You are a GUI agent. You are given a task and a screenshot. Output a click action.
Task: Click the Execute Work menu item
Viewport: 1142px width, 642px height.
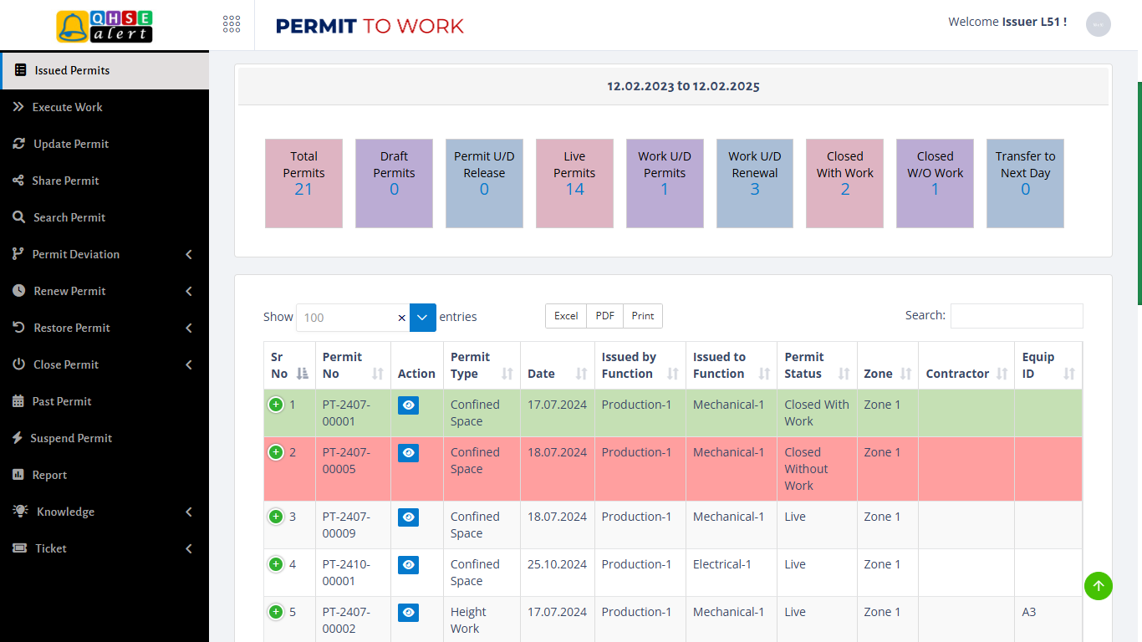67,107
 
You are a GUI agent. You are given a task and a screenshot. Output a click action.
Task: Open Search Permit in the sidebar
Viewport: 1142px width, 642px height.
69,217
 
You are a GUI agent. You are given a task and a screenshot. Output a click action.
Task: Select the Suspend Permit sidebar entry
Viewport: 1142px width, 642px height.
71,438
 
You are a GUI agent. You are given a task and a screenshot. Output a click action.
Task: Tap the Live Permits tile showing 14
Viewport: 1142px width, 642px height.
574,183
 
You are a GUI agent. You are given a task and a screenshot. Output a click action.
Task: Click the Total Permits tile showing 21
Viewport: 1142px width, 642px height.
303,183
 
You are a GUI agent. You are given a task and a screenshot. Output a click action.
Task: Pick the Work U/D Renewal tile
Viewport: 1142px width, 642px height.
754,183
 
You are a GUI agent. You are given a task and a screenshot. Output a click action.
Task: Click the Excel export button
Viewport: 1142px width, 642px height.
566,316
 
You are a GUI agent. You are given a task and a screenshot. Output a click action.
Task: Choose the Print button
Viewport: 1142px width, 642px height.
643,316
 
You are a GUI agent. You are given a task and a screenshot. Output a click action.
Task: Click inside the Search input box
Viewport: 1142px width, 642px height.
1016,316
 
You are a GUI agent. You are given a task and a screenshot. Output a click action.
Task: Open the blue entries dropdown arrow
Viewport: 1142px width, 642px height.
423,318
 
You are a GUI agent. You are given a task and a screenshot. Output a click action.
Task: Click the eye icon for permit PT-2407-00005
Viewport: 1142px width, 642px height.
408,453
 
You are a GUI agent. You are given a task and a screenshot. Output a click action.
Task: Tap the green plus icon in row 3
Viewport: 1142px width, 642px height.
276,517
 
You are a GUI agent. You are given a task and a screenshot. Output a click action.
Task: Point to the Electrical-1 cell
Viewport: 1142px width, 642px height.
722,564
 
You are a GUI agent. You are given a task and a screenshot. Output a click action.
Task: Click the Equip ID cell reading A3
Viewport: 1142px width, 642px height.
1029,612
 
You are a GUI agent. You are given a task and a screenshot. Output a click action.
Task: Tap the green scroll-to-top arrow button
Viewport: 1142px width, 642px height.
1099,586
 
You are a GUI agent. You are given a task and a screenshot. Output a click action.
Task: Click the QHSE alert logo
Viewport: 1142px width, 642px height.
105,26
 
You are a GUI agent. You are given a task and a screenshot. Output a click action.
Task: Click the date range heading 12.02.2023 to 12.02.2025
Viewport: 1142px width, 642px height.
683,86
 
